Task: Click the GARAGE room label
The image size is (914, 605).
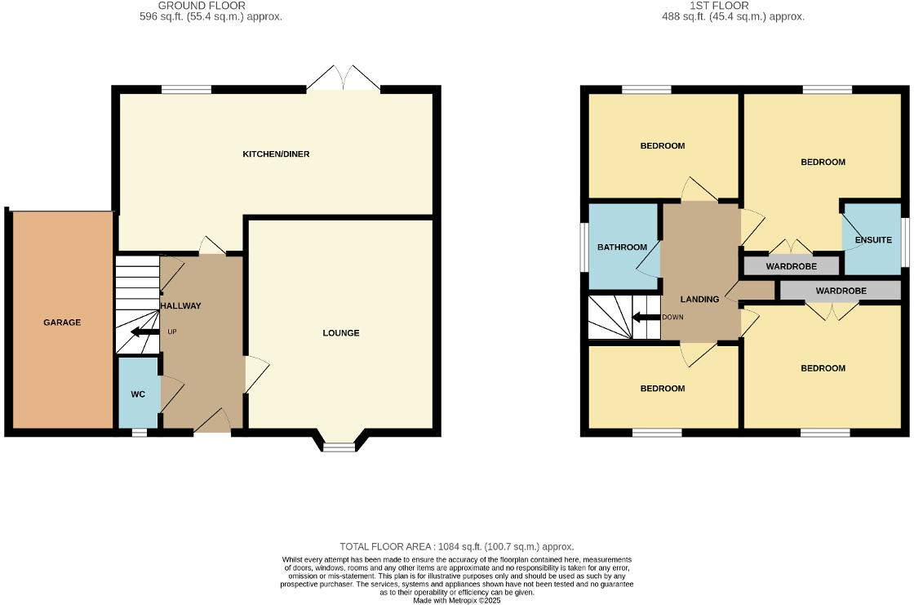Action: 62,323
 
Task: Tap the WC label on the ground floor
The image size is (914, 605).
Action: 138,394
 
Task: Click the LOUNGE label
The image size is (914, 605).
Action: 341,332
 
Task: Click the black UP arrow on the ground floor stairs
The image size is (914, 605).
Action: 143,332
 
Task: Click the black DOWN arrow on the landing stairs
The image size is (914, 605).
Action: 646,317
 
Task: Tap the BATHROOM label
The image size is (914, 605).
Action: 622,247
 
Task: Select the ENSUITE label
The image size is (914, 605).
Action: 873,240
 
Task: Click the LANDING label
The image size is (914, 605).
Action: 699,300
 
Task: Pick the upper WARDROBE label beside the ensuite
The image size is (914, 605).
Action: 791,266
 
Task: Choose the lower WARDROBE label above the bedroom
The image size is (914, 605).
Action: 841,291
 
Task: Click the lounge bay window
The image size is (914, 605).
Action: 339,445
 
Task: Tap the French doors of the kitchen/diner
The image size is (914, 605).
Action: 344,80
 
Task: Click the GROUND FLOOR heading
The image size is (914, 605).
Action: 202,6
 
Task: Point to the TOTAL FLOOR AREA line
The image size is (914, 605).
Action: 456,546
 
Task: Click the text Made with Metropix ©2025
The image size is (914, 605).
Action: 456,600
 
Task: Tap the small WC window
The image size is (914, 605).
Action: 140,432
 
